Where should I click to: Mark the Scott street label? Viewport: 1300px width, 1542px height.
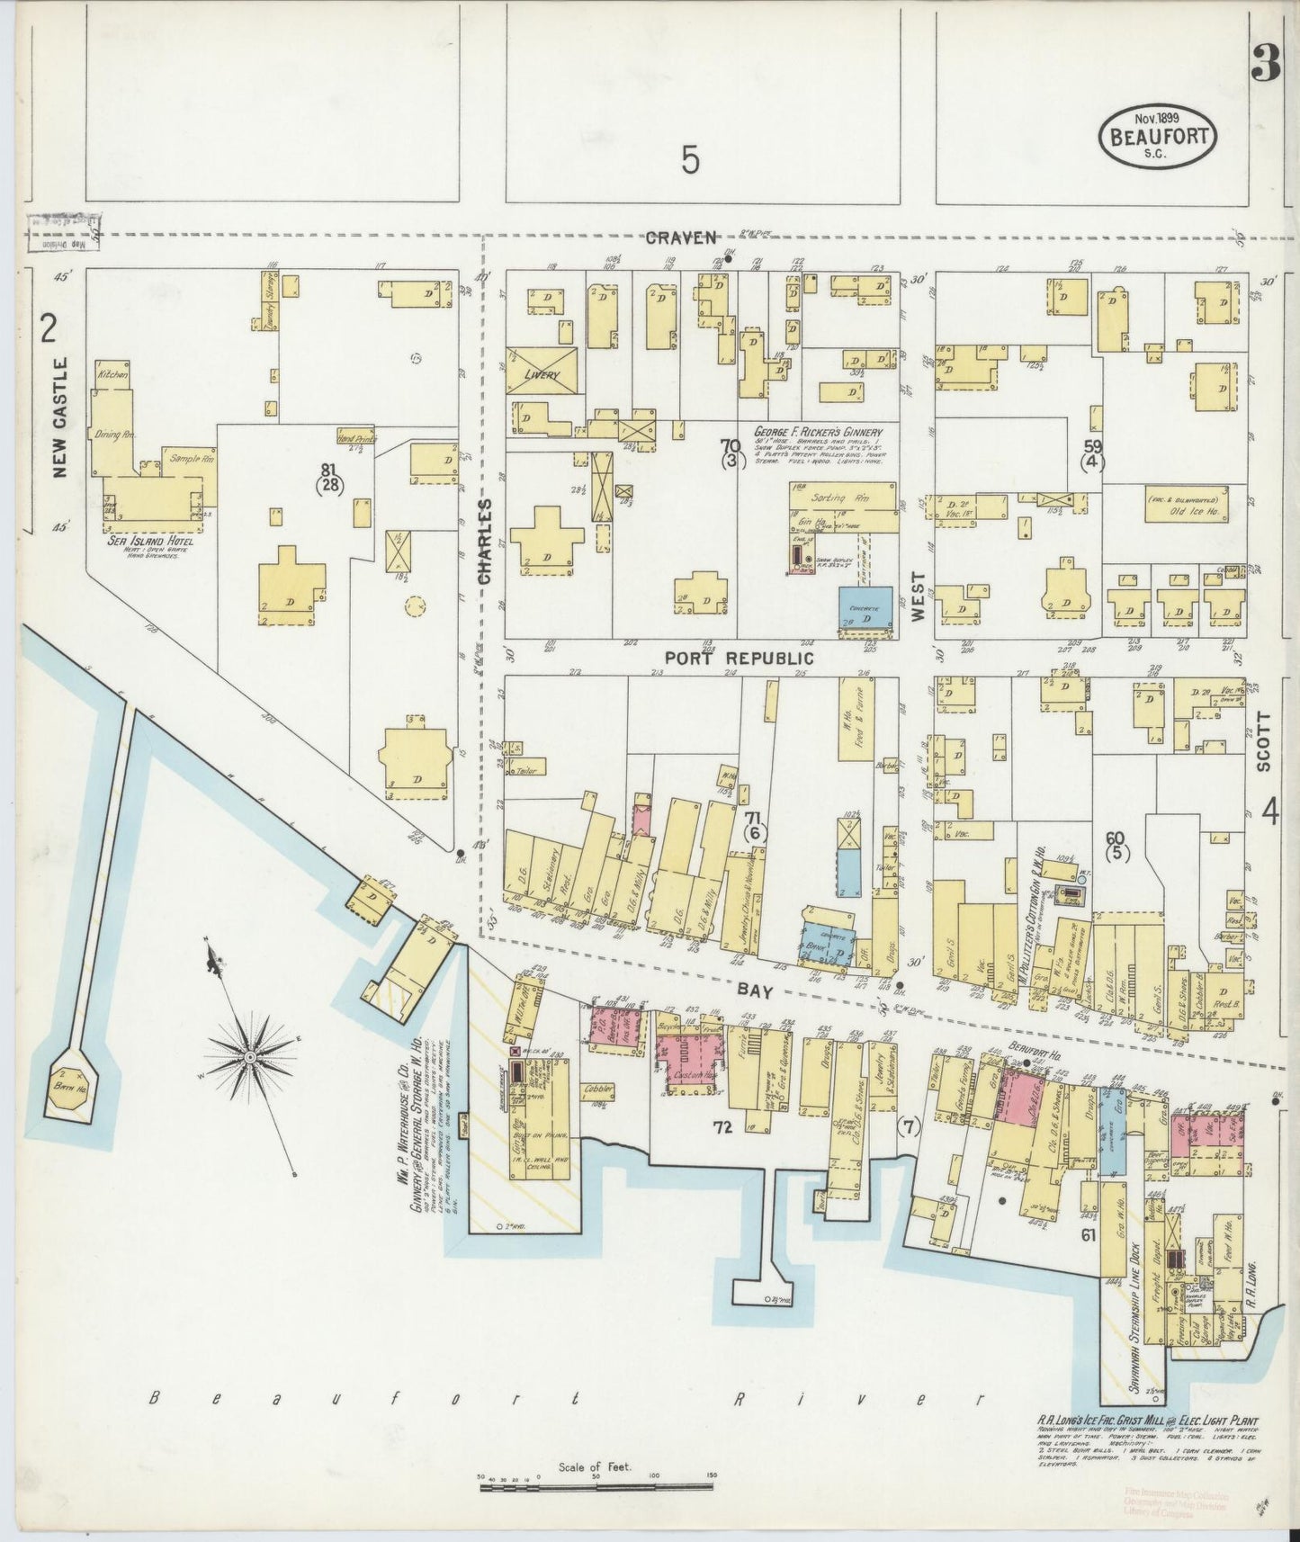(x=1263, y=741)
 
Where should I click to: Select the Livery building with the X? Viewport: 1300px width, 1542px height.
(x=542, y=371)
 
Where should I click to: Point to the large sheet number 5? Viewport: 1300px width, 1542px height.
(x=690, y=160)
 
